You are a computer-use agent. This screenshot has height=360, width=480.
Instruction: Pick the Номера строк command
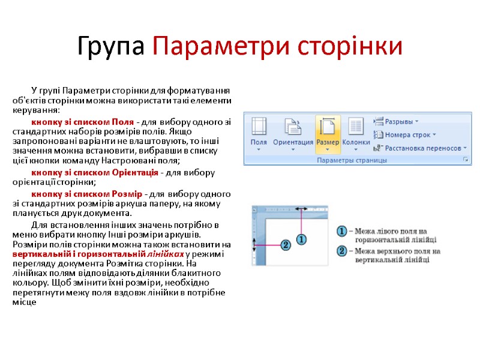[x=406, y=134]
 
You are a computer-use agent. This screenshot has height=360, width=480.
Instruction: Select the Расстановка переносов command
[x=418, y=148]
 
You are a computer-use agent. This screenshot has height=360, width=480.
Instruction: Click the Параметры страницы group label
[x=351, y=160]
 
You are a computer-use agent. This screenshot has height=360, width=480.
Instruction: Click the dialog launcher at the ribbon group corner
[x=465, y=160]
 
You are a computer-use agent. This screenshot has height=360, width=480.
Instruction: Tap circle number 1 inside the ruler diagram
[x=301, y=239]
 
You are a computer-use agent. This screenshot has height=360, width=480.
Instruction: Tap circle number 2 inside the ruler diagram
[x=285, y=245]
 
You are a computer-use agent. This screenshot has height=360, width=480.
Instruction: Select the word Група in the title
[x=112, y=46]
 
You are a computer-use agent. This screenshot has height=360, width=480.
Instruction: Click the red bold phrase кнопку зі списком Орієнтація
[x=95, y=173]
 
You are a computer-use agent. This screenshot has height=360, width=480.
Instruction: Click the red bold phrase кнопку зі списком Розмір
[x=86, y=194]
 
